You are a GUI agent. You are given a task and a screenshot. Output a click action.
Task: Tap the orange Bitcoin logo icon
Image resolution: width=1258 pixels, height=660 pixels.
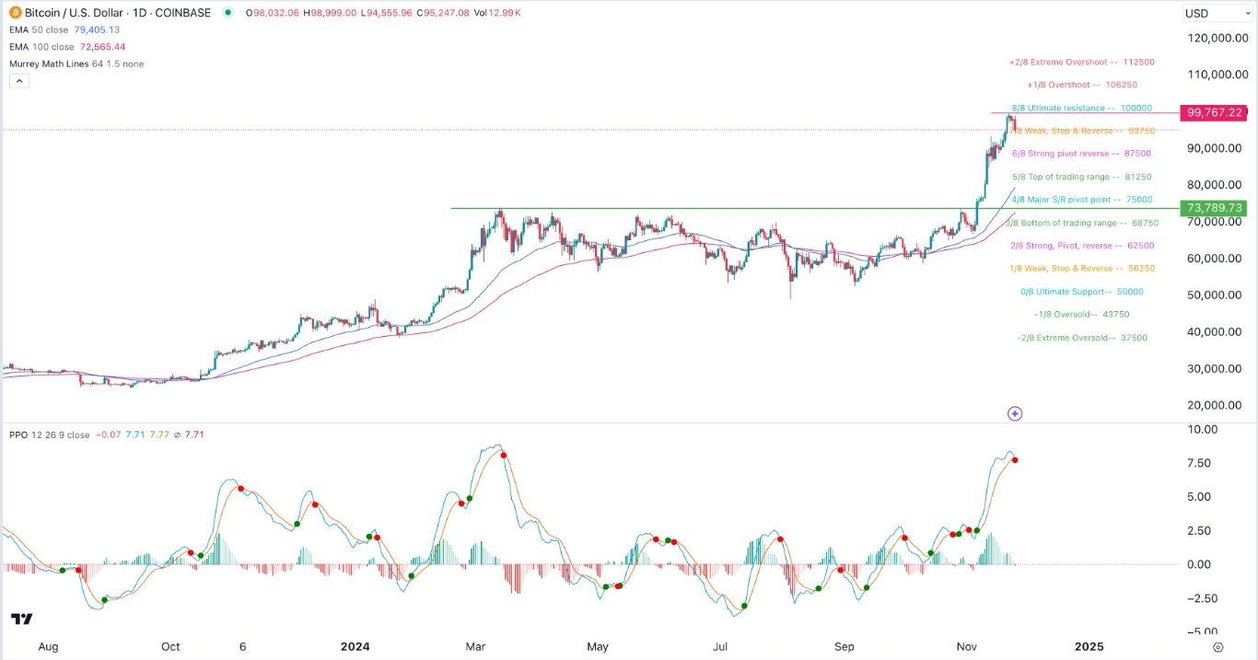[15, 13]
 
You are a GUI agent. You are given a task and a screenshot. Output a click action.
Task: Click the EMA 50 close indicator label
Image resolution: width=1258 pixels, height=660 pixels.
[41, 29]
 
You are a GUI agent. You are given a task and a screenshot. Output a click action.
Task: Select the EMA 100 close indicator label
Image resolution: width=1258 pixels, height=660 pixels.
[44, 46]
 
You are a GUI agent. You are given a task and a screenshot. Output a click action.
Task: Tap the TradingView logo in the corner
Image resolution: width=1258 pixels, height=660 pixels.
[22, 619]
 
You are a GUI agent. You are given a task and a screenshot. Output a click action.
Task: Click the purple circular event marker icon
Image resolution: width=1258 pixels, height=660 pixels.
[1014, 414]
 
